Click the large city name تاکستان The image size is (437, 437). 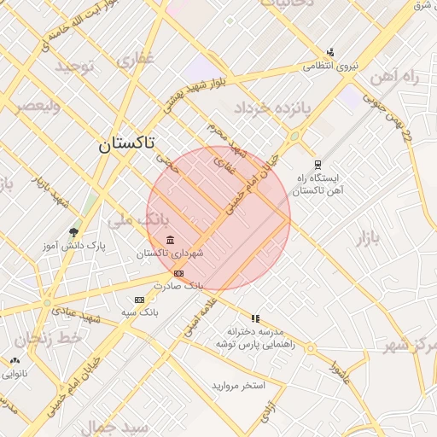click(x=126, y=143)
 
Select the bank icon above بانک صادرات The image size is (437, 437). click(x=178, y=273)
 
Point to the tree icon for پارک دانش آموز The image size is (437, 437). click(x=74, y=231)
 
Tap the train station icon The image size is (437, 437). click(x=318, y=165)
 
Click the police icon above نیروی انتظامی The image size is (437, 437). click(x=330, y=52)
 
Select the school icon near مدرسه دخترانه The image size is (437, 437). click(x=255, y=318)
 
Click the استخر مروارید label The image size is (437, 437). click(x=239, y=386)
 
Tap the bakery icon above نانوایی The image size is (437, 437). click(x=15, y=360)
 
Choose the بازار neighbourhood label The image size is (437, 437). click(x=367, y=237)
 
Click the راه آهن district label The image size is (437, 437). click(x=396, y=78)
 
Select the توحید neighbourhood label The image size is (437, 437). click(x=79, y=67)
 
